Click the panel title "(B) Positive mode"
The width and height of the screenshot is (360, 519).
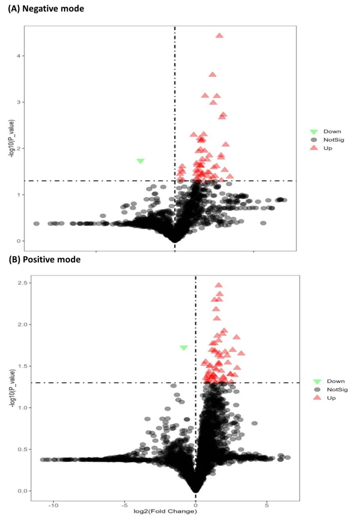point(44,259)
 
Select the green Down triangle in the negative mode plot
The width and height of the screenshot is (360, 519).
point(140,161)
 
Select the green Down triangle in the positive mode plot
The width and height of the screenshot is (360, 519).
point(183,348)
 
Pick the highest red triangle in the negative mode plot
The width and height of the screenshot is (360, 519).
point(219,36)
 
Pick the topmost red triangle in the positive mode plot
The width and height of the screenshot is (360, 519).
point(219,285)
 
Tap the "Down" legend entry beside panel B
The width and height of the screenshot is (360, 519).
point(335,381)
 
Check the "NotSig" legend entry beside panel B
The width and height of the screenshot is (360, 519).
point(337,390)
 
